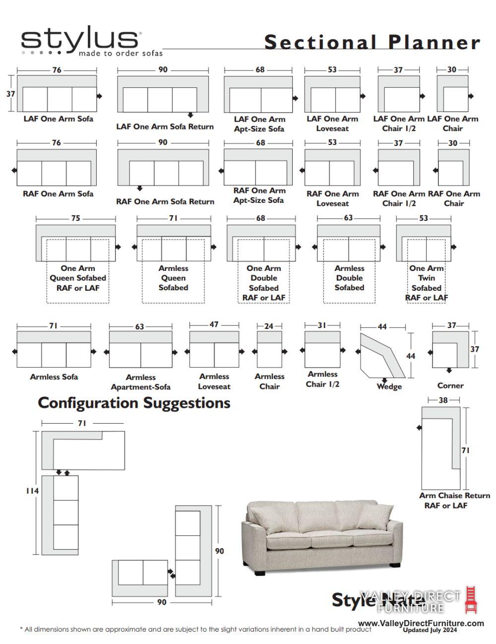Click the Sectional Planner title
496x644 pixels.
point(372,42)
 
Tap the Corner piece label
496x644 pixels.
point(450,386)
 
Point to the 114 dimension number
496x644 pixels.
point(32,491)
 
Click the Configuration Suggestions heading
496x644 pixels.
point(134,403)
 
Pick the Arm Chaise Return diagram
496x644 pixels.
point(441,448)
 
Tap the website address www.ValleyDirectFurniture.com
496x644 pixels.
point(421,623)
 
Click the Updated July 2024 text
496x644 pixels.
point(430,630)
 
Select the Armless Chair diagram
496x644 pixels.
point(269,349)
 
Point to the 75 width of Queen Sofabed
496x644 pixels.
point(75,218)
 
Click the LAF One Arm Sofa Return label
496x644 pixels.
point(165,127)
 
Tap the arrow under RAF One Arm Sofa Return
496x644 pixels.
point(140,188)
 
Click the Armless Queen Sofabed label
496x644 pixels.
point(173,278)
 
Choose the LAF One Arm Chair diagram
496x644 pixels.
point(452,94)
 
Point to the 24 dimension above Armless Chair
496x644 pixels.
point(269,326)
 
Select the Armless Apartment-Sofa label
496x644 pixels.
point(140,382)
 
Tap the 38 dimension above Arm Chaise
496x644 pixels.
point(443,400)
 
